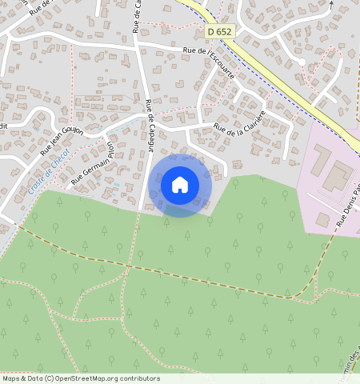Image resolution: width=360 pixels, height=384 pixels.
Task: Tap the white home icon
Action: tap(180, 185)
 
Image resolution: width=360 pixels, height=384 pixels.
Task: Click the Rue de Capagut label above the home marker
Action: tap(150, 126)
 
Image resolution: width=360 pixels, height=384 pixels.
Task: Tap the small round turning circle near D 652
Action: tap(302, 62)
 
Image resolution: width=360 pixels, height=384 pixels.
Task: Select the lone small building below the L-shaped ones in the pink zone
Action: tap(322, 219)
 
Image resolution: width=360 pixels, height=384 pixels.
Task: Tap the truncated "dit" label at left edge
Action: tap(4, 126)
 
